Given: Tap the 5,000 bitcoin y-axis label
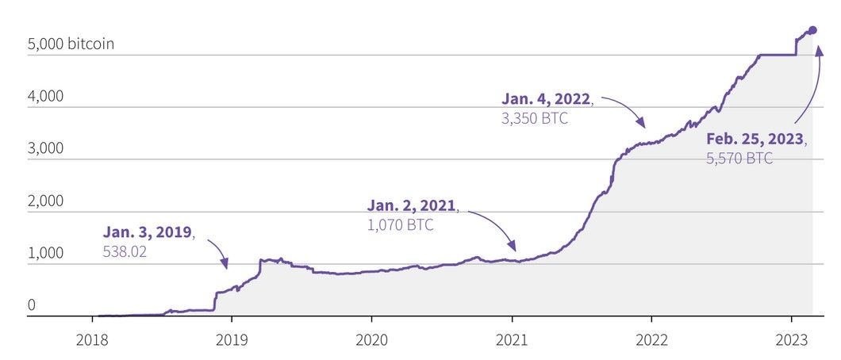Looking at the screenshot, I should click(x=71, y=44).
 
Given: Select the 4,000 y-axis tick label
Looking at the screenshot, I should click(x=44, y=97).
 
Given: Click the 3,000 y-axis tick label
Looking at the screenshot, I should click(x=44, y=149).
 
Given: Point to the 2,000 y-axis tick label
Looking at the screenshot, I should click(x=44, y=201).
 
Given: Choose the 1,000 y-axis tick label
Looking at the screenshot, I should click(x=44, y=254).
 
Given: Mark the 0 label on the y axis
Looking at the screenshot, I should click(x=32, y=305).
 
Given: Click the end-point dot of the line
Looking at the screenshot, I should click(x=812, y=30).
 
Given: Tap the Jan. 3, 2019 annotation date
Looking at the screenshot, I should click(x=148, y=232).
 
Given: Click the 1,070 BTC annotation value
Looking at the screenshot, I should click(x=400, y=224).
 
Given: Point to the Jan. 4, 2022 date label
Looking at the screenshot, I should click(x=547, y=99).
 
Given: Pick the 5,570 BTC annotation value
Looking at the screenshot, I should click(x=739, y=159).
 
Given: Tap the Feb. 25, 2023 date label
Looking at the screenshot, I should click(x=755, y=139).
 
